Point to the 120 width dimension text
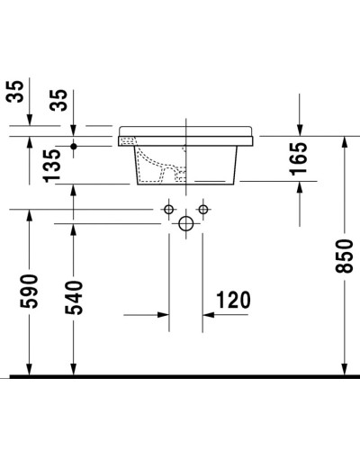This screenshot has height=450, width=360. click(x=231, y=299)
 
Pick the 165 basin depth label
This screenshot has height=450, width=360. click(x=299, y=159)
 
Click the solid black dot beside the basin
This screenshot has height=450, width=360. click(x=74, y=144)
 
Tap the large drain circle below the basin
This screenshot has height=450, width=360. click(x=186, y=224)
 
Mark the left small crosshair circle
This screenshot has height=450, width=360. click(x=168, y=210)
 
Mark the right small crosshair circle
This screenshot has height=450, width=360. click(x=203, y=210)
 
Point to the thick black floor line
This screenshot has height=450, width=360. click(x=180, y=374)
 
